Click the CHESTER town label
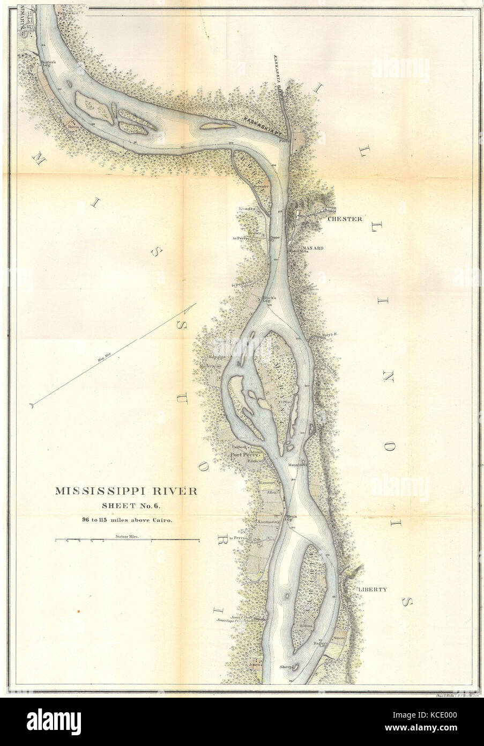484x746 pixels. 345,219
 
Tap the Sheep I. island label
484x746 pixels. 287,667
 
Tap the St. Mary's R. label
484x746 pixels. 325,334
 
